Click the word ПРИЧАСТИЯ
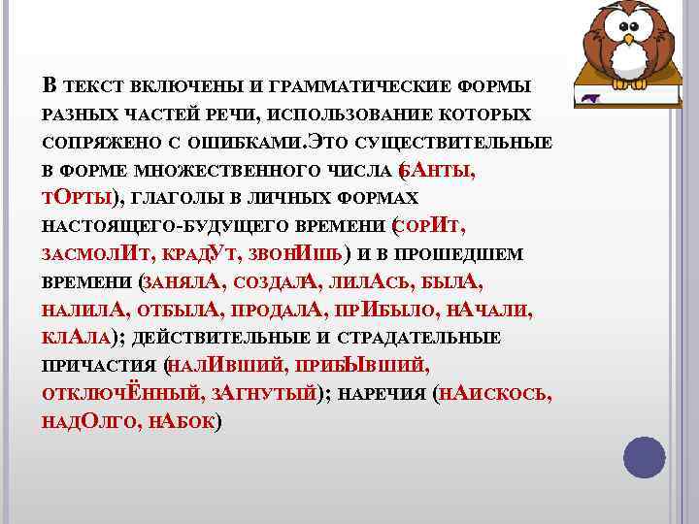(x=101, y=368)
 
